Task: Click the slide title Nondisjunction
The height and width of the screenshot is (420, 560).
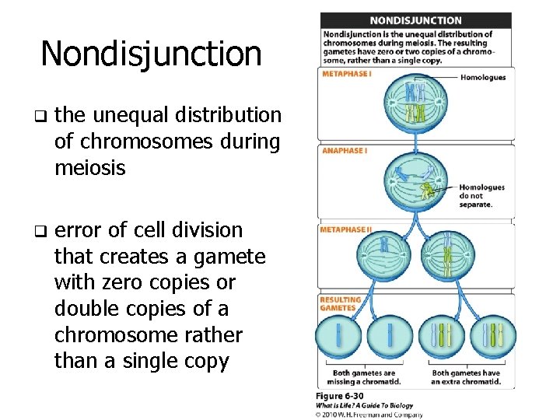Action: coord(151,54)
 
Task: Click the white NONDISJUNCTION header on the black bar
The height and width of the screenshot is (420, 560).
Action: coord(415,21)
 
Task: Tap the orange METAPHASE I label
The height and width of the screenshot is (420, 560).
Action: coord(347,74)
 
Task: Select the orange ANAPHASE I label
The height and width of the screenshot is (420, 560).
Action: coord(345,150)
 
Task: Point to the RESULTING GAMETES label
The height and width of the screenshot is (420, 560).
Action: coord(341,303)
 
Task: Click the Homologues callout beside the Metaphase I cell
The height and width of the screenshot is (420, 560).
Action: coord(482,77)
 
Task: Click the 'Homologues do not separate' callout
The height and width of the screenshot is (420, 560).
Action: coord(481,195)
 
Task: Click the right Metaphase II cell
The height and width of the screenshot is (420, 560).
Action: coord(447,254)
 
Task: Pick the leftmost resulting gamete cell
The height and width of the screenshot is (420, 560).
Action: coord(338,335)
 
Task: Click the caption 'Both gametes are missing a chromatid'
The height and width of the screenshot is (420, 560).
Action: coord(364,377)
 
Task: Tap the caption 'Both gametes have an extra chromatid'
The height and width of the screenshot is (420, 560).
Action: coord(466,377)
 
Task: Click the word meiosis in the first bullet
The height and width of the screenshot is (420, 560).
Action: coord(89,167)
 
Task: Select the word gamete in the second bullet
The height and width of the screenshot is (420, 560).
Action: coord(233,256)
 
